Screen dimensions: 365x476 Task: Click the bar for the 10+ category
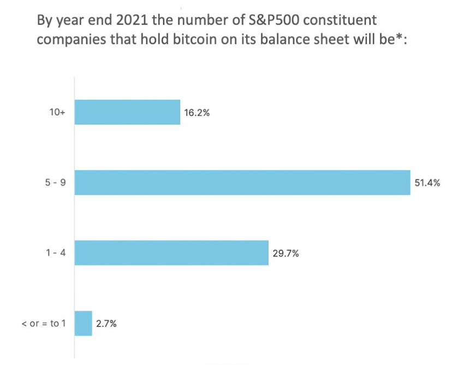click(x=127, y=112)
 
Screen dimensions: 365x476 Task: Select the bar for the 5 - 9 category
click(x=242, y=182)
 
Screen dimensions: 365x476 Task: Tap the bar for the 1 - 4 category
click(x=171, y=253)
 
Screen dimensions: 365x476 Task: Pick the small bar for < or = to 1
click(x=83, y=323)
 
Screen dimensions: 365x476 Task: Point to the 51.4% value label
click(x=427, y=183)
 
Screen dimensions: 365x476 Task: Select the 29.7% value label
click(x=285, y=254)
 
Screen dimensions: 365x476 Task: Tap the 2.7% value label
click(x=106, y=323)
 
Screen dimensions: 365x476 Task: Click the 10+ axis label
click(x=57, y=113)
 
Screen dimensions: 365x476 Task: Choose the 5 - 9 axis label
click(x=56, y=183)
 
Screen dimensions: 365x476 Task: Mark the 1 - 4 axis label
click(x=56, y=254)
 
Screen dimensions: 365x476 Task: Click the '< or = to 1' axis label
click(x=43, y=323)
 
